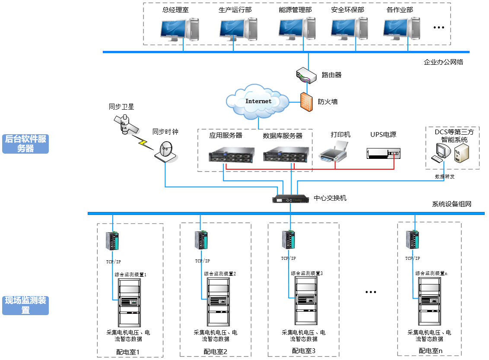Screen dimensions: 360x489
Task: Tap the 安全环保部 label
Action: tap(348, 9)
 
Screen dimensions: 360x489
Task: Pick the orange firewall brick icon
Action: tap(306, 102)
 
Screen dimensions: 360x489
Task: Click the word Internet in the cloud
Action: tap(258, 101)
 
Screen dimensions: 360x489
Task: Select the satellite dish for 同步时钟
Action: tap(166, 152)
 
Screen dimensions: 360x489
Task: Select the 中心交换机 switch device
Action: tap(291, 199)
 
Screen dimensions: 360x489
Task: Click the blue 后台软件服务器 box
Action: tap(25, 144)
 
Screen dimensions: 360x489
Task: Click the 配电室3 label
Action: tap(304, 351)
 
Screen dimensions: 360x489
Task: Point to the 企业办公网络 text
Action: tap(443, 62)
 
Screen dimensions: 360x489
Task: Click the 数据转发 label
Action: tap(445, 177)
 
